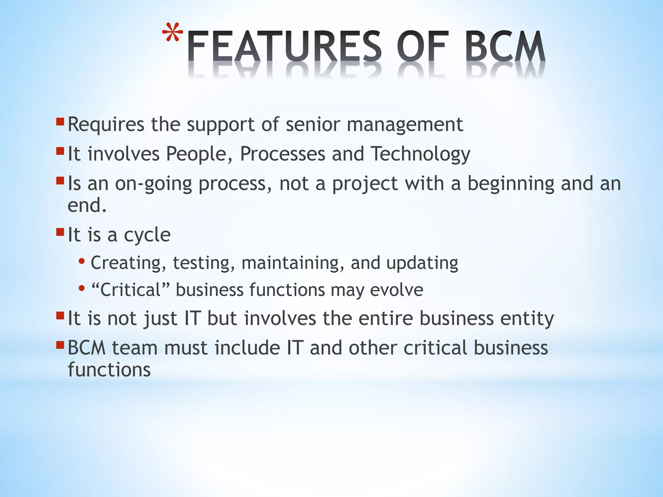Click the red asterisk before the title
click(173, 33)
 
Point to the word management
click(405, 125)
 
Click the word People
click(199, 154)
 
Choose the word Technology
click(420, 154)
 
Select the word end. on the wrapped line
click(87, 205)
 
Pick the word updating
click(422, 263)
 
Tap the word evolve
click(396, 290)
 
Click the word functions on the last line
click(109, 370)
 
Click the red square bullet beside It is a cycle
click(60, 232)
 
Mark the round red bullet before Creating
click(82, 261)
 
